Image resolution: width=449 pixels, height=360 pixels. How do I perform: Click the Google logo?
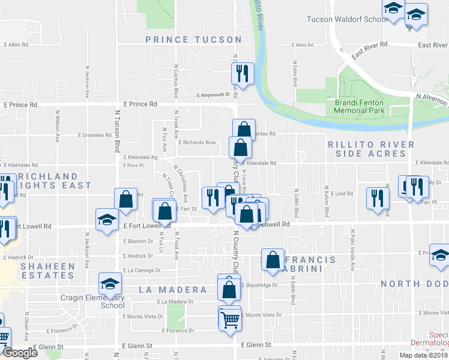click(x=20, y=353)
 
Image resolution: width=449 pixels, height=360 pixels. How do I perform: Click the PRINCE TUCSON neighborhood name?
click(x=193, y=40)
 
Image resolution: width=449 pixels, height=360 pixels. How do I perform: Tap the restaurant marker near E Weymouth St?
click(x=243, y=74)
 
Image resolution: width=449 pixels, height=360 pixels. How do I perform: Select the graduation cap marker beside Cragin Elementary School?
click(x=110, y=283)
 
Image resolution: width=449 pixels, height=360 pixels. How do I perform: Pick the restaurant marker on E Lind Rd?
click(x=376, y=198)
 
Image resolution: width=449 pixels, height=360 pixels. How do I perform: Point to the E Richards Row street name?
click(x=197, y=143)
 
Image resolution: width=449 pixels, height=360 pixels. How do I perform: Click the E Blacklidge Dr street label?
click(x=259, y=285)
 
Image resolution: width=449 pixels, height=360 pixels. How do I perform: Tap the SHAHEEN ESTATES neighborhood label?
click(x=48, y=271)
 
